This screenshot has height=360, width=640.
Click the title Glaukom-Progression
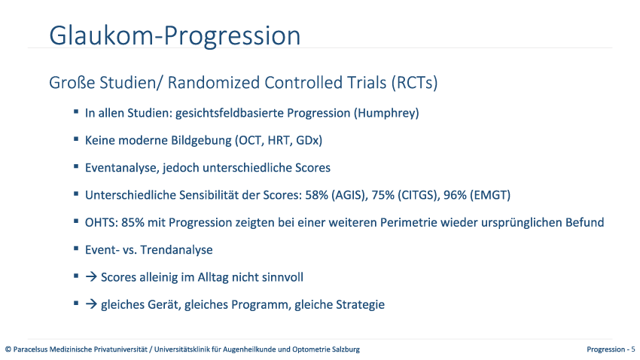[x=175, y=36]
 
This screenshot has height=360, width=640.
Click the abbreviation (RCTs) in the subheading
[x=414, y=83]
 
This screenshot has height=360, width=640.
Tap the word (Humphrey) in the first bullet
[x=386, y=113]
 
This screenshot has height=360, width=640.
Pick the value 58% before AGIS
[x=316, y=195]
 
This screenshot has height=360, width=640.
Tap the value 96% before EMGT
[x=455, y=195]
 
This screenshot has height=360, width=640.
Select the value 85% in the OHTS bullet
[x=133, y=222]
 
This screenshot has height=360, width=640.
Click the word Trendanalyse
[x=176, y=250]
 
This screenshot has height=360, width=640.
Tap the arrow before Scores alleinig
[x=91, y=277]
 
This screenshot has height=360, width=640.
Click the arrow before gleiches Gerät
[x=91, y=304]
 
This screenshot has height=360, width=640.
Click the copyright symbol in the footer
[x=8, y=349]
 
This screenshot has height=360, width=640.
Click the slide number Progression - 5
[x=611, y=349]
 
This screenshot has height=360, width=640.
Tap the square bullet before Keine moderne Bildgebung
[x=76, y=139]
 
